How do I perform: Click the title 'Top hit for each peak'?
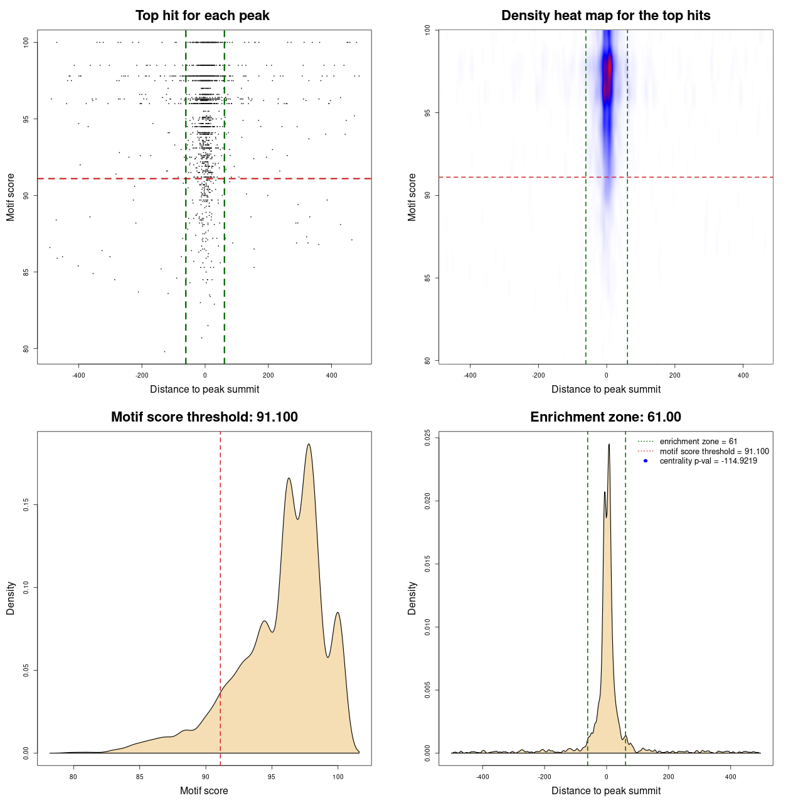[x=202, y=16]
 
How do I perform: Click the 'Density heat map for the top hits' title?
[x=605, y=16]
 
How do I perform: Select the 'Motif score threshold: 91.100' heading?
[x=204, y=417]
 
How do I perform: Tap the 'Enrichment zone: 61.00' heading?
[x=605, y=417]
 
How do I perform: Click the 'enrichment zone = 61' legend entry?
[x=698, y=442]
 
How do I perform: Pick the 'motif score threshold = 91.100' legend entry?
[x=714, y=451]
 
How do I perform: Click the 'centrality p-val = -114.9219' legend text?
[x=708, y=461]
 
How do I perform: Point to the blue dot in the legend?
[x=646, y=461]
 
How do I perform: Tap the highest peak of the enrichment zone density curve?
[x=609, y=445]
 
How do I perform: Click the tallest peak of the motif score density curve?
[x=309, y=444]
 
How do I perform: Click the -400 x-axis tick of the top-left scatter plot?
[x=78, y=375]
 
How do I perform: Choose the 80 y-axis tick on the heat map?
[x=427, y=361]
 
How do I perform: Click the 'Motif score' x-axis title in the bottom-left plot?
[x=204, y=790]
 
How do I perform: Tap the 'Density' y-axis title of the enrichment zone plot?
[x=412, y=598]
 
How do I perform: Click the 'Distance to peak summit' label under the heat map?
[x=605, y=389]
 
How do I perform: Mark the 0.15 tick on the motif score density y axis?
[x=26, y=505]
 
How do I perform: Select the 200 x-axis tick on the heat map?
[x=674, y=375]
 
